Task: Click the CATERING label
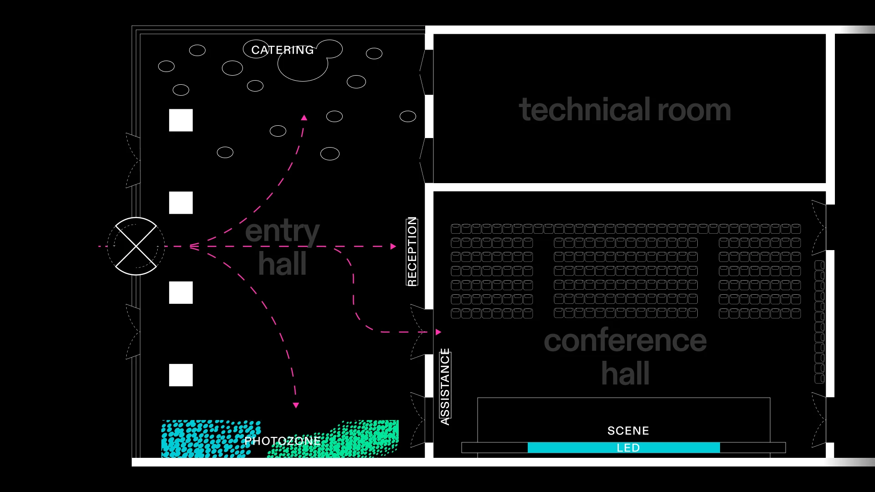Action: pyautogui.click(x=283, y=50)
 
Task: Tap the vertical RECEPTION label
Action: pyautogui.click(x=412, y=251)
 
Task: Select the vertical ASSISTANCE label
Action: pyautogui.click(x=445, y=386)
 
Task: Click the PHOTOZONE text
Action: pyautogui.click(x=283, y=441)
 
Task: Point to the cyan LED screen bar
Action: pyautogui.click(x=623, y=448)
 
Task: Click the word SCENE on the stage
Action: pyautogui.click(x=628, y=430)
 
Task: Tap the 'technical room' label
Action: pyautogui.click(x=625, y=110)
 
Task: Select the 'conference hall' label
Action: pyautogui.click(x=625, y=356)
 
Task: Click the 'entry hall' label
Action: pyautogui.click(x=283, y=247)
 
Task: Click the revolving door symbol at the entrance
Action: pyautogui.click(x=136, y=246)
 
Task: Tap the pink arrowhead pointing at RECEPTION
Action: pyautogui.click(x=393, y=246)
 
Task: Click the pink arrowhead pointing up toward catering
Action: pyautogui.click(x=304, y=118)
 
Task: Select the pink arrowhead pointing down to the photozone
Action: pyautogui.click(x=296, y=405)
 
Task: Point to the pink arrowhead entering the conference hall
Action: pyautogui.click(x=438, y=332)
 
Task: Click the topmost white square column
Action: pyautogui.click(x=181, y=120)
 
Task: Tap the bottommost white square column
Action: pyautogui.click(x=181, y=375)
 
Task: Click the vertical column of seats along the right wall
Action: pyautogui.click(x=819, y=322)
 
